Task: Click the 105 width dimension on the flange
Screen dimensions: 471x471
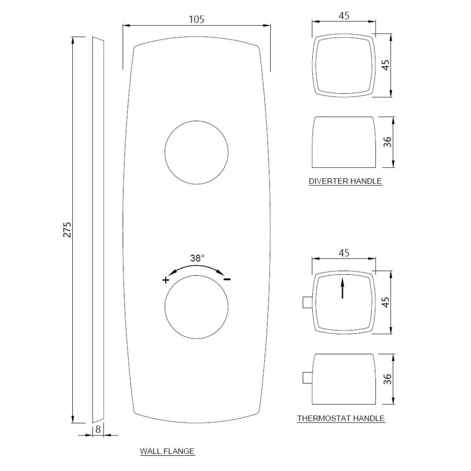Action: [x=196, y=19]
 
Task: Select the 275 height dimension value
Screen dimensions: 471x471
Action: [x=67, y=229]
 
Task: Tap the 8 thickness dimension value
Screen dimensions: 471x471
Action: [x=98, y=429]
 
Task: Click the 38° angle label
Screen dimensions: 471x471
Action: [x=197, y=258]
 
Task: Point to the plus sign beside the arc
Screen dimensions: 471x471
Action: [x=165, y=280]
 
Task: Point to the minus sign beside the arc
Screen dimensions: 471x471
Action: [x=227, y=279]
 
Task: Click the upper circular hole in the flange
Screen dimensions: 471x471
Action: [x=196, y=151]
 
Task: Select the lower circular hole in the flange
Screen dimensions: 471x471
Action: [x=196, y=307]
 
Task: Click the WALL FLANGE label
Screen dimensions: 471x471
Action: [x=167, y=451]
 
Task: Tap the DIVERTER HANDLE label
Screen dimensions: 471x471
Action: [x=345, y=181]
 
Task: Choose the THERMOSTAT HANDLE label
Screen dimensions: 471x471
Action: [x=341, y=418]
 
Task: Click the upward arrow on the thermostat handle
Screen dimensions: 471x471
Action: [x=343, y=287]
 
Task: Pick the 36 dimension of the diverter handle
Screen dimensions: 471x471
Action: [x=387, y=142]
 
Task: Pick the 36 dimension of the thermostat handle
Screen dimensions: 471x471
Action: [x=387, y=379]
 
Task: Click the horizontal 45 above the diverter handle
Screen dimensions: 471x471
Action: [x=344, y=16]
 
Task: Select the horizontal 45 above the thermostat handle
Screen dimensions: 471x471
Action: [x=344, y=253]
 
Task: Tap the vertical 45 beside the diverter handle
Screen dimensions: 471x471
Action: [x=385, y=65]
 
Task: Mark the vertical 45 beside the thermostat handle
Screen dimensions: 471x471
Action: [x=385, y=302]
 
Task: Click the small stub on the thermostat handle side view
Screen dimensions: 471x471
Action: [x=307, y=377]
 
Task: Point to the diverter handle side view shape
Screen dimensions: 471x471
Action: [x=343, y=142]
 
